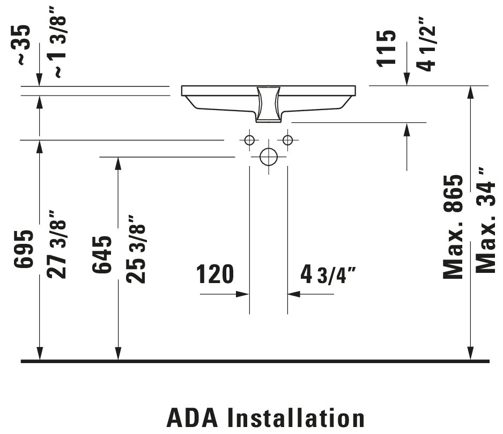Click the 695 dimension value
pyautogui.click(x=24, y=249)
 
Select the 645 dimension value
pyautogui.click(x=102, y=255)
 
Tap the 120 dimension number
pyautogui.click(x=214, y=274)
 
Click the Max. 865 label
pyautogui.click(x=453, y=227)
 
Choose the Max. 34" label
pyautogui.click(x=486, y=220)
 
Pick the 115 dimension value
pyautogui.click(x=386, y=48)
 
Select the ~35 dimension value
pyautogui.click(x=24, y=45)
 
